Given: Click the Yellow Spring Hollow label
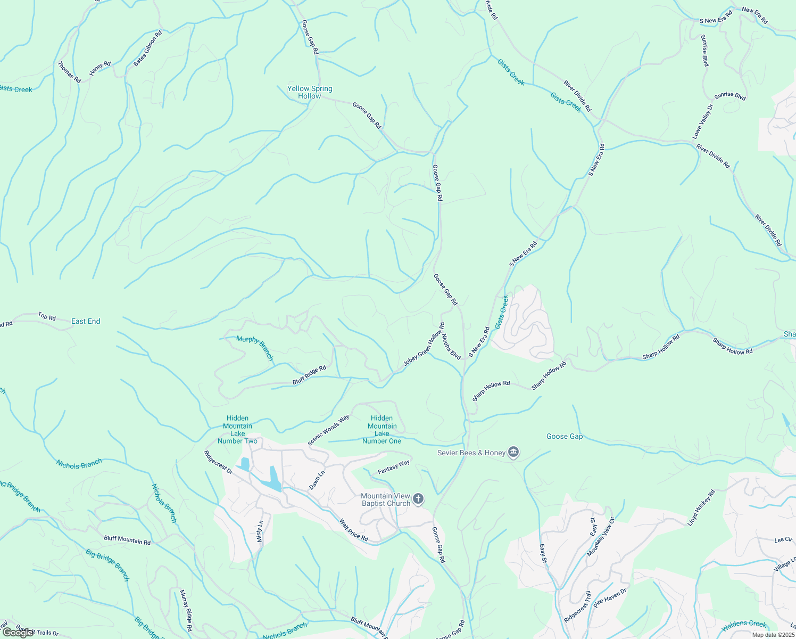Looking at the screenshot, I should (x=310, y=92).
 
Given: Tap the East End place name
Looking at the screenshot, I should (x=86, y=321).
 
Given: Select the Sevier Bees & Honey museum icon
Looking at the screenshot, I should (x=513, y=453).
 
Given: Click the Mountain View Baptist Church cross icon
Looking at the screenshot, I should (x=419, y=499).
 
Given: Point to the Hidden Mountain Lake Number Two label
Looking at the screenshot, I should (x=237, y=429).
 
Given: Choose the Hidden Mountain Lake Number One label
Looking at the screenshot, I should (x=382, y=429).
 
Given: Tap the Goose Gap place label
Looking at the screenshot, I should (x=565, y=436).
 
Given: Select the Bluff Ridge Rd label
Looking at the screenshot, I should (x=309, y=375).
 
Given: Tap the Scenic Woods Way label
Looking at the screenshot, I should (x=328, y=430).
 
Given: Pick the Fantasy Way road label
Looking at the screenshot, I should (x=394, y=467).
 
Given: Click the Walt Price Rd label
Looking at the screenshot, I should (x=354, y=530).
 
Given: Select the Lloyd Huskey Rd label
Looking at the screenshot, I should (x=701, y=507).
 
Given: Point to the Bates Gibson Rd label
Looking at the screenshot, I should (x=147, y=48).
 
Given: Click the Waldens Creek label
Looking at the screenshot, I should (x=744, y=624).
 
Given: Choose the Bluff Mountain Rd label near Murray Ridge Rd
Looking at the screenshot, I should (x=127, y=540).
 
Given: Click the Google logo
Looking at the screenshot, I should (x=18, y=633).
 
